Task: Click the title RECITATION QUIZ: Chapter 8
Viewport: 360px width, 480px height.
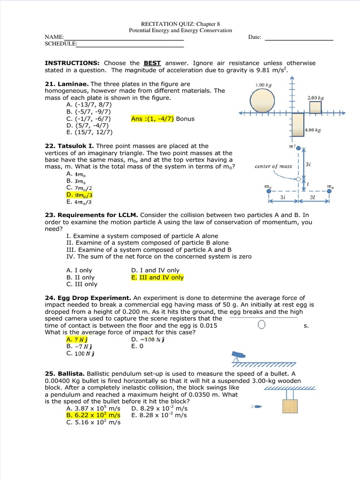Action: (180, 23)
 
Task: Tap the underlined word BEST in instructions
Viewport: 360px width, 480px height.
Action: (152, 63)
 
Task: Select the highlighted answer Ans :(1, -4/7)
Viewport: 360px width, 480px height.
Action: (152, 119)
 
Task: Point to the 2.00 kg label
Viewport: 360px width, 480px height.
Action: (315, 98)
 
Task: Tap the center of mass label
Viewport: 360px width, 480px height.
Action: (273, 166)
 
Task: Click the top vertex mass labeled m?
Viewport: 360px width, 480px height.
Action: (298, 148)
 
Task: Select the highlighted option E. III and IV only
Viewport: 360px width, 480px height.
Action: (157, 277)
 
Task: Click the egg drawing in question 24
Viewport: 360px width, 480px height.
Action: (262, 325)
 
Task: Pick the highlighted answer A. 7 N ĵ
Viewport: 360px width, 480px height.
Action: (78, 339)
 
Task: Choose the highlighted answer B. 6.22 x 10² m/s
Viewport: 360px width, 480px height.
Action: (93, 415)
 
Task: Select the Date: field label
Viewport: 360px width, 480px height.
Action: (255, 37)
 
